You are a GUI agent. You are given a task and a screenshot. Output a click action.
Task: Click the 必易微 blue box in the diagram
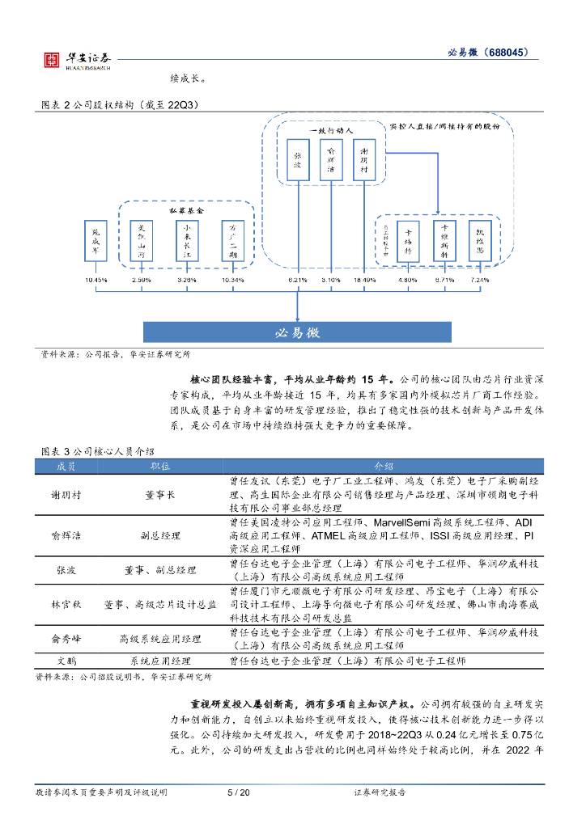coord(298,332)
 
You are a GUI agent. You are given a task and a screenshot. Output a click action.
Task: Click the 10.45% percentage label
coord(96,280)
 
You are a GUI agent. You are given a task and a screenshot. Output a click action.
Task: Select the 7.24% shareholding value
coord(479,280)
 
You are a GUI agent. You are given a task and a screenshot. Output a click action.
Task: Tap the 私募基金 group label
coord(186,209)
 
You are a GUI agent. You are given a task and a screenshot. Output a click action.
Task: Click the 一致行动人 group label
coord(330,129)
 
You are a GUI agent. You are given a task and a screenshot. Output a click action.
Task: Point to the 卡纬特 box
coord(409,240)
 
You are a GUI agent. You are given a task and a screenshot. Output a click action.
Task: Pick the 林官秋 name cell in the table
coord(65,604)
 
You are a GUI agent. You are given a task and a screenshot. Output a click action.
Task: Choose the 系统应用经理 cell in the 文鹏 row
coord(160,661)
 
